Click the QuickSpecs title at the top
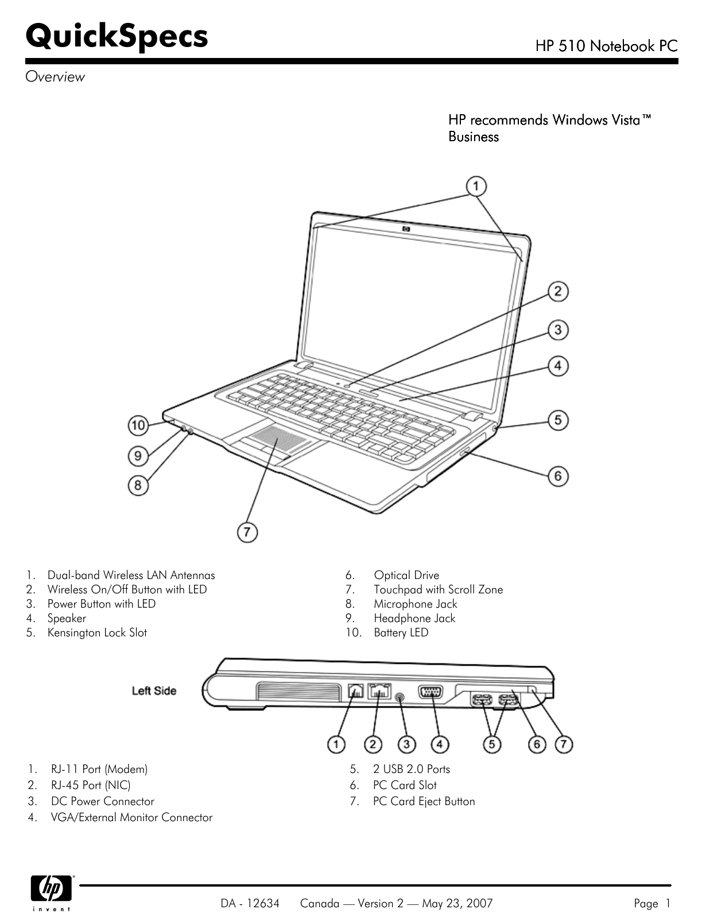(x=117, y=36)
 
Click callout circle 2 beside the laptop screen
(x=557, y=292)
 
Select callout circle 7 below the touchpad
(x=247, y=532)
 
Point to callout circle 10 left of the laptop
(x=138, y=425)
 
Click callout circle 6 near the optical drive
(x=557, y=476)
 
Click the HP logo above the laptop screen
(x=407, y=230)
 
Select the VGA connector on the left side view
(x=431, y=692)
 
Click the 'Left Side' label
(x=154, y=691)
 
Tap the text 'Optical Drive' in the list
(x=406, y=575)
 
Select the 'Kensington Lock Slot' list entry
(x=97, y=632)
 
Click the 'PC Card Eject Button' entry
(x=424, y=801)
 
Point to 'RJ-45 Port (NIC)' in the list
(x=91, y=785)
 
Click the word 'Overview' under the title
(x=55, y=77)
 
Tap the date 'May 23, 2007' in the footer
(x=457, y=904)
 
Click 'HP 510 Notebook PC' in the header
(x=606, y=46)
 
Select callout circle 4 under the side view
(x=440, y=744)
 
